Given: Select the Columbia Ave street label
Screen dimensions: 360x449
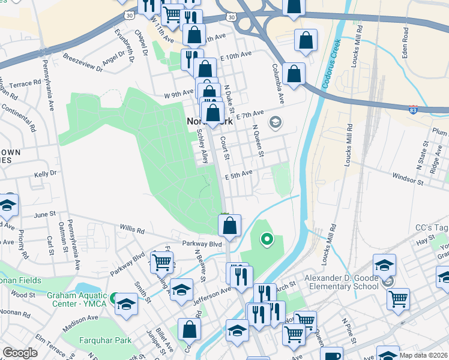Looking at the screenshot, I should [x=277, y=82].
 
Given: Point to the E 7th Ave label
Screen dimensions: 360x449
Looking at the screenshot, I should [x=250, y=113].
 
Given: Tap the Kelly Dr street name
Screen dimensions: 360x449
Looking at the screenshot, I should [x=45, y=173].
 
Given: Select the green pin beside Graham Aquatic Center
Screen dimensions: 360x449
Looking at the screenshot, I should [x=113, y=297].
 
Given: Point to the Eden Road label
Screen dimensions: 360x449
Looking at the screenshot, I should [x=406, y=42].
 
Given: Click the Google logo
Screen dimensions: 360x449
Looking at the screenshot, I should [x=20, y=353].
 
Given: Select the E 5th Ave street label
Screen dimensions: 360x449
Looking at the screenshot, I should [x=239, y=175].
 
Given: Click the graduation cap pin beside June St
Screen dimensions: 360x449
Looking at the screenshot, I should [x=7, y=205].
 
